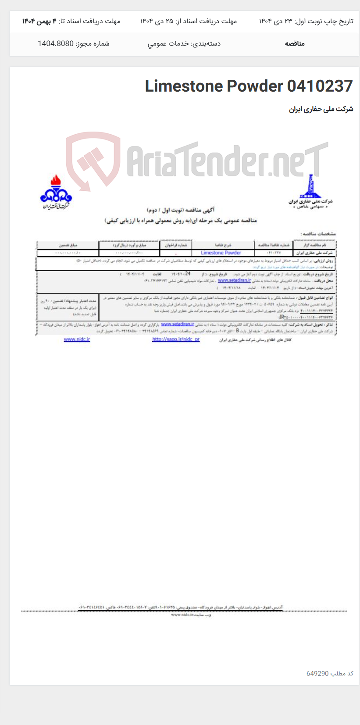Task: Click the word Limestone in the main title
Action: coord(184,86)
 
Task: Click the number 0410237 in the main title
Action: coord(320,86)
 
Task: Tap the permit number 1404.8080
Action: coord(56,43)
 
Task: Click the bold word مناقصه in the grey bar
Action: coord(294,43)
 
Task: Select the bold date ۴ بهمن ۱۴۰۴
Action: coord(39,21)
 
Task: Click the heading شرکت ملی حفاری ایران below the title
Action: coord(321,109)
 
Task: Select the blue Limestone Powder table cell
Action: coord(221,253)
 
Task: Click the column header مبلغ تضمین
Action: coord(68,245)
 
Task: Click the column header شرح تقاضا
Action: coord(223,245)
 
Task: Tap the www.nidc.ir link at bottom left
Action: coord(77,339)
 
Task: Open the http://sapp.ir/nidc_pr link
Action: coord(176,339)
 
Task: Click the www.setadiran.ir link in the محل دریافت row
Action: coord(234,280)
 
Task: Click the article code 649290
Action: coord(317,673)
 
